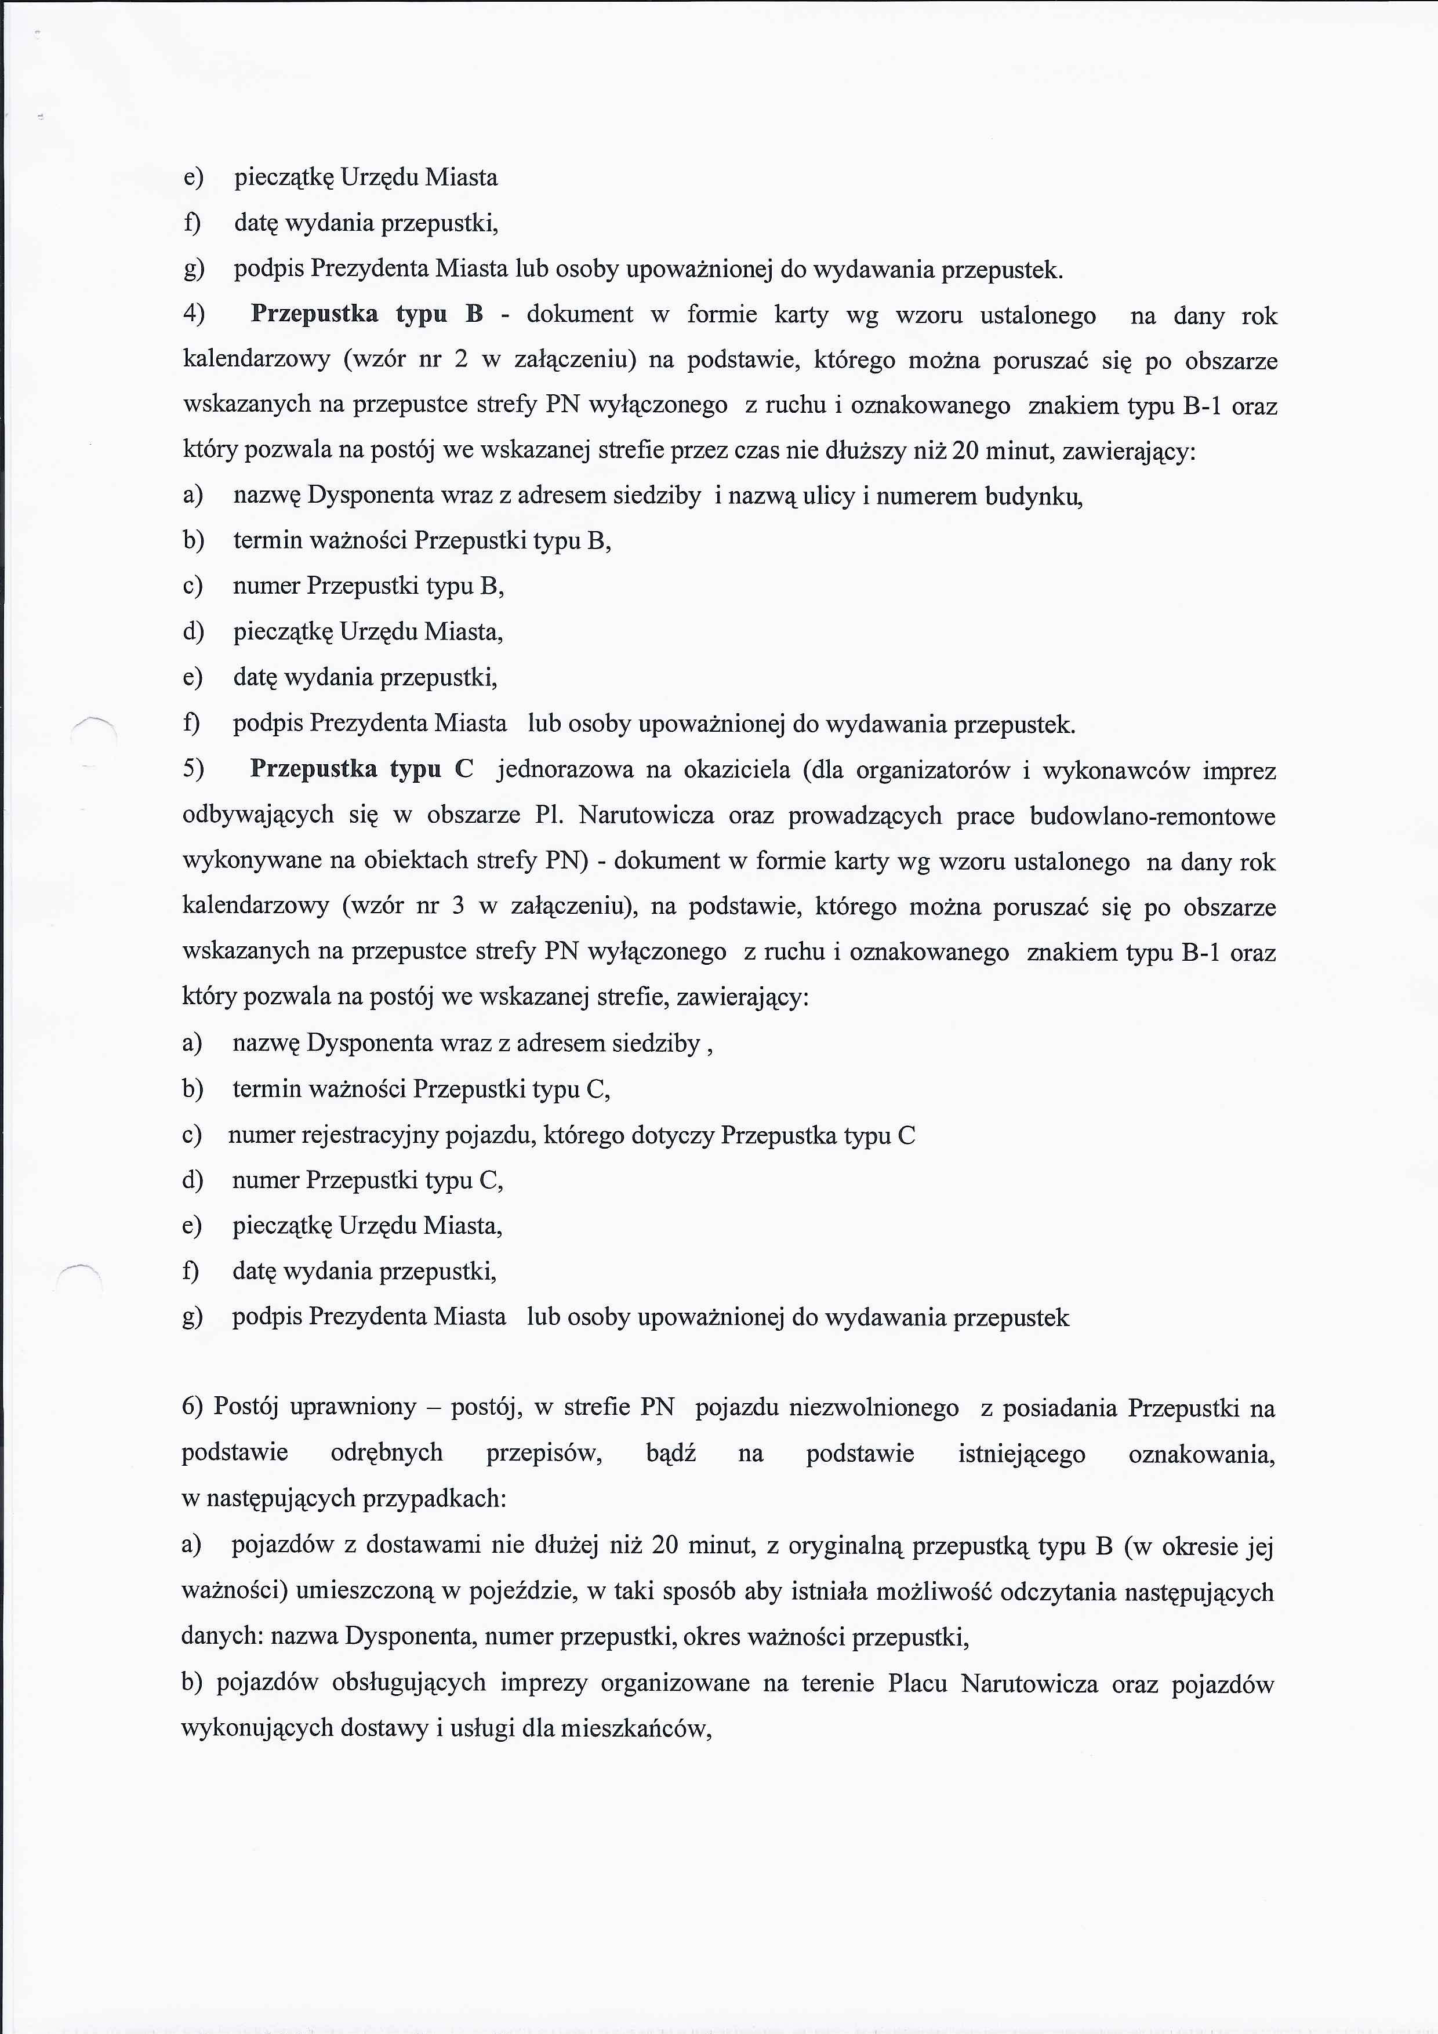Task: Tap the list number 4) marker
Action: [x=194, y=314]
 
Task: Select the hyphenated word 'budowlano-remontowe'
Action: [x=1152, y=816]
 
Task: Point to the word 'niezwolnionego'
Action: [x=827, y=1408]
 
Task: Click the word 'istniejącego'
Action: [x=1022, y=1454]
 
